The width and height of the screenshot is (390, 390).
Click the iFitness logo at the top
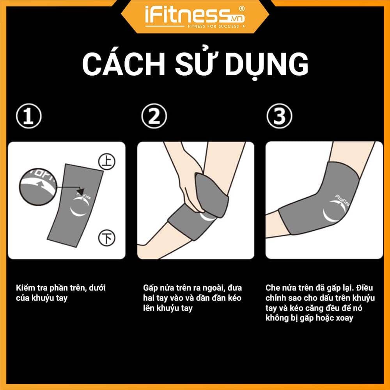coord(195,17)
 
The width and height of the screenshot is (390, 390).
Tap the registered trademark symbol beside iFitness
coord(241,9)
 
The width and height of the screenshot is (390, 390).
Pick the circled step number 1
coord(28,116)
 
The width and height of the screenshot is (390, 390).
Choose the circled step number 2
coord(154,116)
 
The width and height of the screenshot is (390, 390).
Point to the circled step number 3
coord(279,116)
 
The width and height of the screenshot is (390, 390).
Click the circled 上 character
coord(107,162)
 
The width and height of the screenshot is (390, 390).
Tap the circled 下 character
coord(107,238)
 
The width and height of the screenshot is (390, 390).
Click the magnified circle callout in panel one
coord(38,187)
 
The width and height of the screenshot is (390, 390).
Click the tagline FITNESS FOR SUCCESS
coord(213,26)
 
